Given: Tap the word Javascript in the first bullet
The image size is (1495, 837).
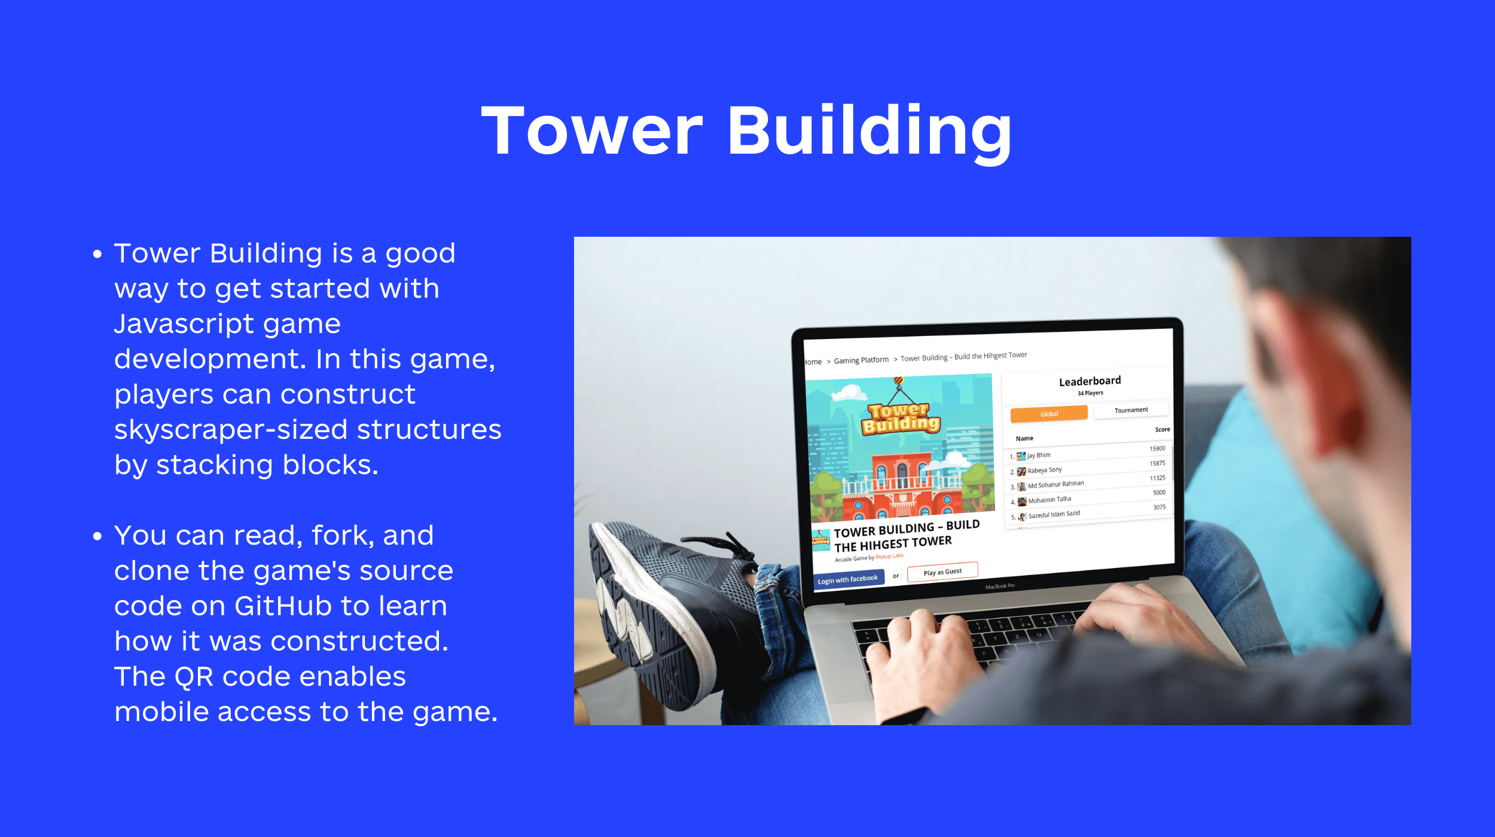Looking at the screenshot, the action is click(227, 325).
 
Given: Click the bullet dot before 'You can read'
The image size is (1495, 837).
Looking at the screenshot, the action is click(97, 536).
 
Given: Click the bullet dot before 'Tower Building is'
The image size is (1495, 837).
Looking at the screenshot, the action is click(97, 254).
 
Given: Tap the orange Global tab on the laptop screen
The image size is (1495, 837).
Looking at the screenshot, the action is click(1049, 414).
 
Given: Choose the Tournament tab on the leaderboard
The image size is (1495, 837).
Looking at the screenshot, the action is click(1131, 410).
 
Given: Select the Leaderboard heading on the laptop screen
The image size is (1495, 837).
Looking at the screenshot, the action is click(1090, 381).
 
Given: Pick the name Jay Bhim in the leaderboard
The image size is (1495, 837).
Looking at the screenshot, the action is click(1039, 456).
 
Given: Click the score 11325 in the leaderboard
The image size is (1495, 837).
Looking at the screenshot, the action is click(1157, 478).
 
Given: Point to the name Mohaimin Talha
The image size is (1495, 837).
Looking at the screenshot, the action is click(1049, 500).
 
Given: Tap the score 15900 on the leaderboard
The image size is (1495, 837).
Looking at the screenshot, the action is click(1157, 449).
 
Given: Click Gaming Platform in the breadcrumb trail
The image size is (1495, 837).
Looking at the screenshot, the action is click(861, 361).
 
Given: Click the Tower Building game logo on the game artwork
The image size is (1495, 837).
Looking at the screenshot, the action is click(901, 417).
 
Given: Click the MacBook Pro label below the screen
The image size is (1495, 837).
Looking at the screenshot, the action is click(1000, 586).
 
